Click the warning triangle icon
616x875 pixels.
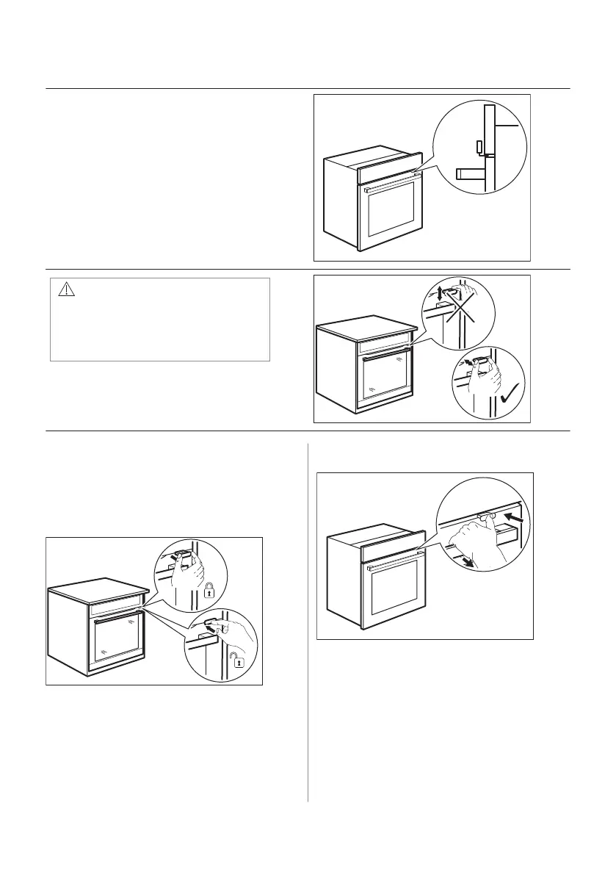click(68, 289)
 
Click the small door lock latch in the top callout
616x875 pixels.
click(479, 145)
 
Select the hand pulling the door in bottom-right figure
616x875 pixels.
click(470, 536)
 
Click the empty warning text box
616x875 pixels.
click(160, 327)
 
